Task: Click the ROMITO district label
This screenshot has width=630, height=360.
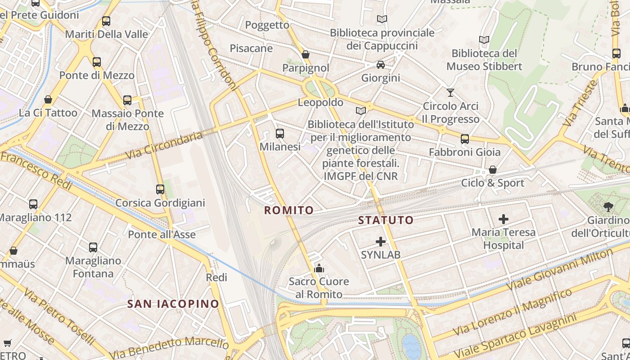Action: pos(288,210)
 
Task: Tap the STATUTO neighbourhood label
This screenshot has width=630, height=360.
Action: pos(386,220)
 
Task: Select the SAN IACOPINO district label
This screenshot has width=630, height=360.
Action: pos(173,304)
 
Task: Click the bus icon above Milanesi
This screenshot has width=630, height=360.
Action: pos(279,133)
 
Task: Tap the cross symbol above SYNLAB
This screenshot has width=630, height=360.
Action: pos(381,242)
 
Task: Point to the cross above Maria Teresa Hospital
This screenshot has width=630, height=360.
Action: pos(504,219)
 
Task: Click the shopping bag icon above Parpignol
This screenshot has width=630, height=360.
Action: pos(306,54)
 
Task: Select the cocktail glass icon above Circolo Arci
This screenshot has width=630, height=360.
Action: pos(450,93)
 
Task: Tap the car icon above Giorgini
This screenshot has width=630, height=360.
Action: pos(381,65)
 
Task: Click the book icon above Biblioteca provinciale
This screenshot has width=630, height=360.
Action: pos(382,19)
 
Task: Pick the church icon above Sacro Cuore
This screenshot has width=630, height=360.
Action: pos(319,269)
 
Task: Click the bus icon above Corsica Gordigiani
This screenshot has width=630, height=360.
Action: pos(160,189)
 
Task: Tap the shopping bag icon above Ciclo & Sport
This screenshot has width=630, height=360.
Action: pos(493,170)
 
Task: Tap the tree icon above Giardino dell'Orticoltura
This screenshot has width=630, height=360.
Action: pos(608,207)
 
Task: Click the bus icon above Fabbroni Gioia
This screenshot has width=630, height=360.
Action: pos(465,139)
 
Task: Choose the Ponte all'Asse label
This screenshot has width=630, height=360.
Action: pos(162,234)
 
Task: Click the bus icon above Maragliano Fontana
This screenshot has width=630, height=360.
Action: pos(93,247)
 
